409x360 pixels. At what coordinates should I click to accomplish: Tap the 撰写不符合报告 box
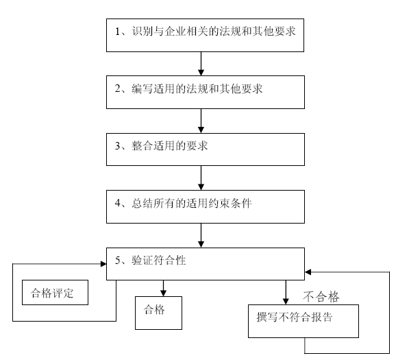click(303, 320)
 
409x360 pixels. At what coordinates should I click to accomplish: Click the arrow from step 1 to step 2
click(201, 63)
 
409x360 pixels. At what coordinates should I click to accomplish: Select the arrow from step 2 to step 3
click(201, 120)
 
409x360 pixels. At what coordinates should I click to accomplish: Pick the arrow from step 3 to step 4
click(201, 178)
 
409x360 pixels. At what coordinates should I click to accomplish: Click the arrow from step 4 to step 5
click(201, 235)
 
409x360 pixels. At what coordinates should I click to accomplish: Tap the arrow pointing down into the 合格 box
click(163, 287)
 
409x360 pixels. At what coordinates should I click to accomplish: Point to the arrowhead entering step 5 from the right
click(309, 272)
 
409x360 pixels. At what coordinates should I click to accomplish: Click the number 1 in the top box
click(118, 32)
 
